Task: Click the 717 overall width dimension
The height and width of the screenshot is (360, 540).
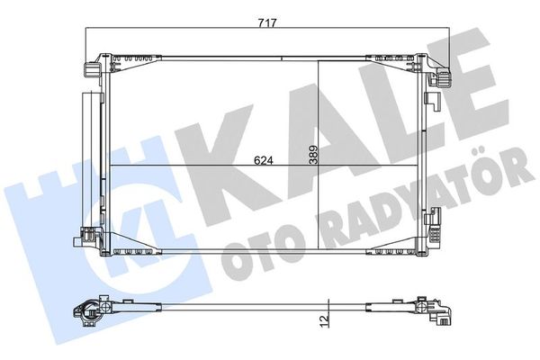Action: [x=267, y=23]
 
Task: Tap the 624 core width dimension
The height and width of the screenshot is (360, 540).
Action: [x=264, y=160]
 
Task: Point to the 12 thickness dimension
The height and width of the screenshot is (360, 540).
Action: [x=324, y=319]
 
